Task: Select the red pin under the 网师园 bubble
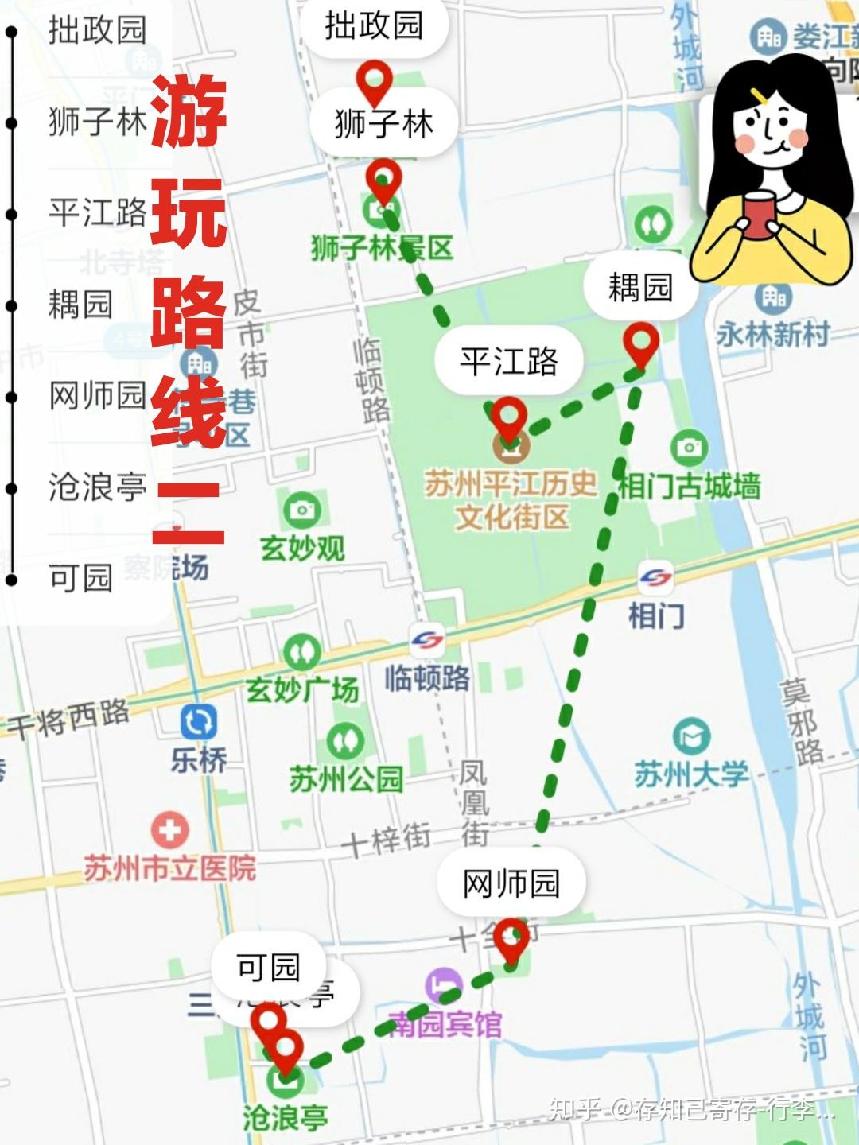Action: click(511, 939)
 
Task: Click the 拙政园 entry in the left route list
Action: click(97, 30)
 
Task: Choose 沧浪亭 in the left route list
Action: click(97, 487)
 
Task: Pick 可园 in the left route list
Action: click(80, 578)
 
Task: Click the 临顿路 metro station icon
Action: click(427, 642)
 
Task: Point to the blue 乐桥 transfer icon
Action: click(198, 722)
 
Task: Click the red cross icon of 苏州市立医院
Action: click(169, 832)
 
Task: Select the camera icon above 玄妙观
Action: click(301, 509)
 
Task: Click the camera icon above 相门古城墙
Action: click(689, 448)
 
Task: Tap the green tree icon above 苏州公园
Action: click(345, 740)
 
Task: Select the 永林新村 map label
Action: click(772, 334)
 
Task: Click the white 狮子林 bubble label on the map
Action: click(384, 124)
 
